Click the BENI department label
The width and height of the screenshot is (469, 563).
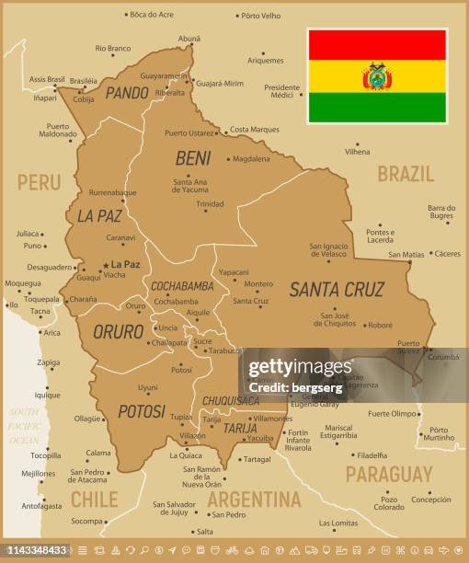[193, 158]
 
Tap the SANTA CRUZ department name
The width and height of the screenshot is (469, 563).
[337, 290]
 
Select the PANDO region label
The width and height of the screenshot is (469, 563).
[127, 93]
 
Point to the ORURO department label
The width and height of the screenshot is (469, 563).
[119, 332]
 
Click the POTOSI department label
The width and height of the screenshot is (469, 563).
[142, 411]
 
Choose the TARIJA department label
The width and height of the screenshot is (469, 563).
[240, 429]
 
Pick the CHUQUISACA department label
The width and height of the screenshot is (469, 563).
[230, 401]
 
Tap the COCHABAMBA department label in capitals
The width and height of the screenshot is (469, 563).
[182, 286]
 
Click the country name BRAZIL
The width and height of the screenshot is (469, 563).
[405, 174]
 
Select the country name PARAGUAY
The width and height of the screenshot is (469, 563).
[389, 475]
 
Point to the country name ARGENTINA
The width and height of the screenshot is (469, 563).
[254, 500]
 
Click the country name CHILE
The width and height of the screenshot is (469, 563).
[95, 500]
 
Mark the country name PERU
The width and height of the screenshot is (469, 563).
[39, 182]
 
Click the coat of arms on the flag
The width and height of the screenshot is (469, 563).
[377, 76]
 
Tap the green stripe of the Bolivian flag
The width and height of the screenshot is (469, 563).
[377, 108]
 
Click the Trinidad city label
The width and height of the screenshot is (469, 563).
[210, 203]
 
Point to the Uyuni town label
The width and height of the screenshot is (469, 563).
[147, 387]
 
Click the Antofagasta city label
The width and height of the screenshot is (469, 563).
[42, 505]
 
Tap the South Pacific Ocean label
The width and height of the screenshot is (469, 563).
[25, 427]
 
